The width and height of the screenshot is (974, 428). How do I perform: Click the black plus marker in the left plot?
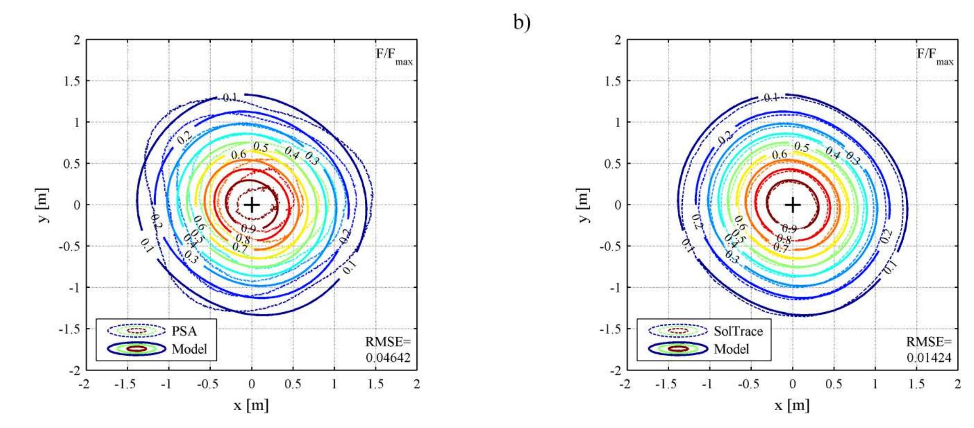point(251,205)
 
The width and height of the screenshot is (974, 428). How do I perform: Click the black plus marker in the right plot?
point(792,205)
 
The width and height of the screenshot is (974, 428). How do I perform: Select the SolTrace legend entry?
point(738,331)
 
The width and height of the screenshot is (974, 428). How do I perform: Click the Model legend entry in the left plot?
point(189,349)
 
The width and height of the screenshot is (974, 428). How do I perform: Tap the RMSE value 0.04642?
point(388,358)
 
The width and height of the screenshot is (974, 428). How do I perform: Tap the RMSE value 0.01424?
point(929,358)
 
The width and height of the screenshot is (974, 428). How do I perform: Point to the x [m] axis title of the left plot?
point(251,405)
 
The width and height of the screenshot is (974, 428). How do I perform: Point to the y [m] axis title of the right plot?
point(585,205)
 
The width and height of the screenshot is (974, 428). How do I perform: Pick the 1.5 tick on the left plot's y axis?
point(73,81)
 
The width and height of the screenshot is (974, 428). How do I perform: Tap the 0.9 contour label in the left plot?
point(249,229)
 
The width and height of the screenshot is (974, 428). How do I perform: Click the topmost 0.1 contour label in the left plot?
point(230,97)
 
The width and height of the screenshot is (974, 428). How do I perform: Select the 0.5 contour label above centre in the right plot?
point(801,147)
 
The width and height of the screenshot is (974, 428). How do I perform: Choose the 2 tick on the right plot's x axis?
point(958,384)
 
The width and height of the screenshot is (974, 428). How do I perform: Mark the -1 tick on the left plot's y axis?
point(74,288)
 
